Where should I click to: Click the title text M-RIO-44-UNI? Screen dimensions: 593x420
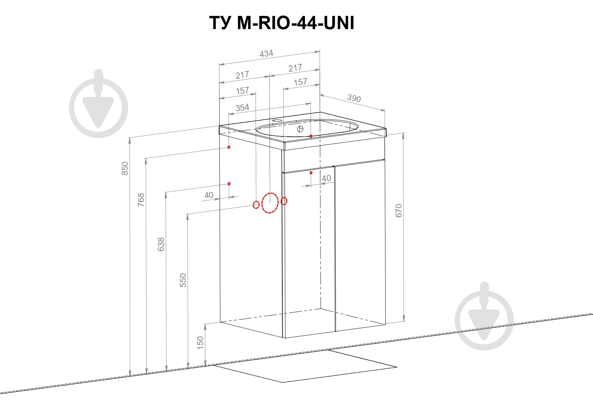point(295,23)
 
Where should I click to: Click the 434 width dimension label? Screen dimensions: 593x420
point(266,53)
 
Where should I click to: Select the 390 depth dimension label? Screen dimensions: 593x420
point(354,98)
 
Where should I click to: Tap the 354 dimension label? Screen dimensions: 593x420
point(242,108)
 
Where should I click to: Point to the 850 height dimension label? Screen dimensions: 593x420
point(125,169)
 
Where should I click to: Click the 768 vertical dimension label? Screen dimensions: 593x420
point(141,200)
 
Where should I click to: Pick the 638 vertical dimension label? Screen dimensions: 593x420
point(161,244)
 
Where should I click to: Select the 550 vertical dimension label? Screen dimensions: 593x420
point(183,280)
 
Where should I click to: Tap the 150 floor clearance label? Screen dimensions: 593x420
point(200,343)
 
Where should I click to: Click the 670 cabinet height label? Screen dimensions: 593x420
point(399,211)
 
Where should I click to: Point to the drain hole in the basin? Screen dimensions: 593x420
point(300,129)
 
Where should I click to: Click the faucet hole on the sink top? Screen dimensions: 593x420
point(278,120)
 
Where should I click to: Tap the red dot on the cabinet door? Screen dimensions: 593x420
point(311,173)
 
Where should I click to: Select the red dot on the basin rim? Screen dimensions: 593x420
point(311,136)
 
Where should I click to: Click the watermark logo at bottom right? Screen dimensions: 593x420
point(484,316)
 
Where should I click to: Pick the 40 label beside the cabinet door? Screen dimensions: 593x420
point(326,178)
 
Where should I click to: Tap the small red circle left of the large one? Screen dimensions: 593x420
point(256,204)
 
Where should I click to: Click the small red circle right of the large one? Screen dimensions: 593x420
point(284,201)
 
